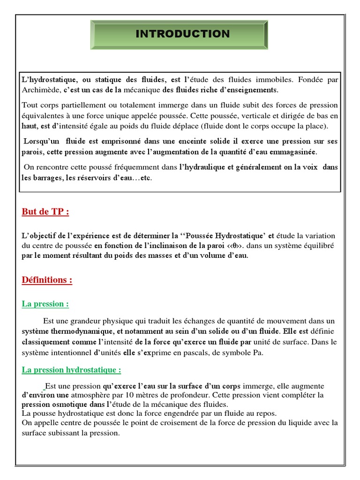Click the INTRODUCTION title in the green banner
[182, 34]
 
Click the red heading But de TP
[45, 211]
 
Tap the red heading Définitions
[47, 280]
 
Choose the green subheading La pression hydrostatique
[71, 370]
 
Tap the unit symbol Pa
[258, 352]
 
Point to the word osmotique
[71, 404]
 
